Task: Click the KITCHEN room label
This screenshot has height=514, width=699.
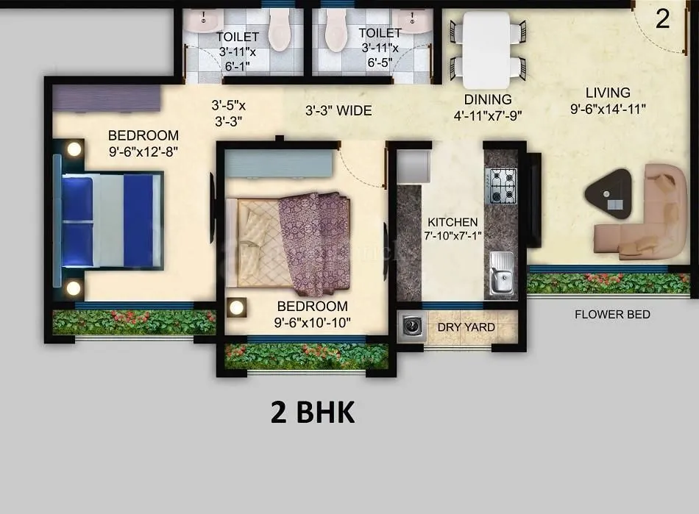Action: tap(453, 221)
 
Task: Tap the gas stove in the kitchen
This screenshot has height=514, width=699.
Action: tap(503, 185)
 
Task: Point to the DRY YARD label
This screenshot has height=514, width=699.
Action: tap(466, 327)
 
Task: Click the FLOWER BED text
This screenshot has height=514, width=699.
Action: tap(612, 315)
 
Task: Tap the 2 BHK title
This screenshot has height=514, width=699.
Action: tap(313, 413)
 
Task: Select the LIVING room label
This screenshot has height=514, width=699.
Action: tap(608, 93)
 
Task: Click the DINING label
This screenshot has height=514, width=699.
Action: tap(488, 99)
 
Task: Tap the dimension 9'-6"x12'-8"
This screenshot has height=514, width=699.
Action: tap(143, 152)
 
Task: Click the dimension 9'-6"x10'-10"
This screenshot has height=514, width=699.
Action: tap(312, 322)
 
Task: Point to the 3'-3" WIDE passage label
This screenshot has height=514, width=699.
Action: tap(338, 111)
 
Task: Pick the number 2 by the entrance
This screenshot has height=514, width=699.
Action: tap(662, 19)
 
